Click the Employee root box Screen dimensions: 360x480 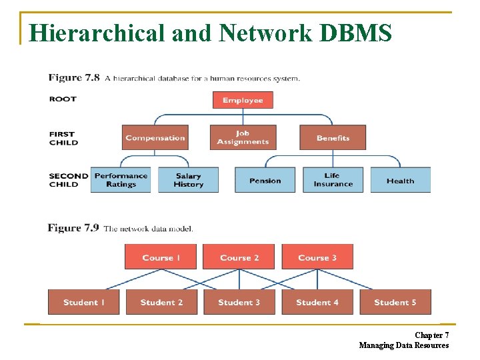click(243, 100)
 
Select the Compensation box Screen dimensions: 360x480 click(155, 138)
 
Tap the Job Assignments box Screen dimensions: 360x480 click(243, 138)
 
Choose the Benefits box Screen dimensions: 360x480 click(333, 138)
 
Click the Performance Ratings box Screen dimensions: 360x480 click(121, 180)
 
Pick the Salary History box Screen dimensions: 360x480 click(188, 180)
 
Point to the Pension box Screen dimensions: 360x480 click(265, 180)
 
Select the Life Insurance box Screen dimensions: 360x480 click(333, 180)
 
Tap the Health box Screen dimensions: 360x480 click(400, 180)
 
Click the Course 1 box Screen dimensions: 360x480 click(161, 257)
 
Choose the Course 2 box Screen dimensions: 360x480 click(239, 257)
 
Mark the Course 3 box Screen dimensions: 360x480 click(317, 257)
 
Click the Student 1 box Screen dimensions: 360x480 click(84, 302)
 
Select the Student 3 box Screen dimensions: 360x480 click(239, 302)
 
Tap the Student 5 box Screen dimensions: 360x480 click(395, 302)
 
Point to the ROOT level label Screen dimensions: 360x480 click(63, 99)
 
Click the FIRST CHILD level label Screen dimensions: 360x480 click(63, 138)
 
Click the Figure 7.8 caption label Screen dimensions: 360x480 click(74, 77)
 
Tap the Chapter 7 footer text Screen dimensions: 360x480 click(431, 335)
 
